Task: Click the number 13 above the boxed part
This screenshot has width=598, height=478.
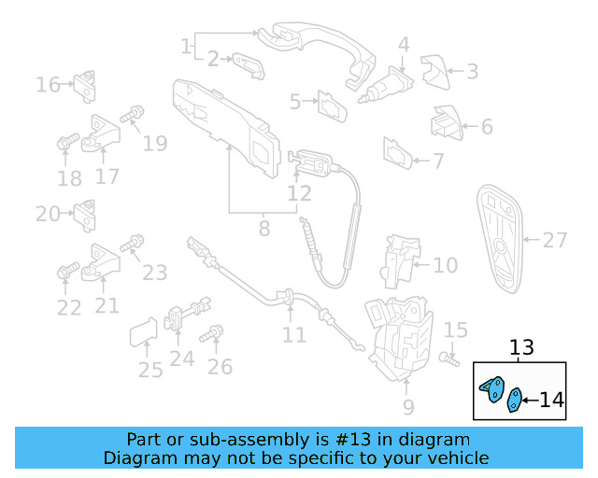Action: click(521, 348)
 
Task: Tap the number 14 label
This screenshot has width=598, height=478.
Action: click(551, 401)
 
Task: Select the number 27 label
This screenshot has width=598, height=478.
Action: click(555, 240)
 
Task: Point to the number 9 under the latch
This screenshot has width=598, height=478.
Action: click(407, 406)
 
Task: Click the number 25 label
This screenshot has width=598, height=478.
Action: click(150, 371)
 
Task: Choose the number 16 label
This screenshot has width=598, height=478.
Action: click(48, 85)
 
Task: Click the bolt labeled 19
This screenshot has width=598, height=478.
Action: click(131, 115)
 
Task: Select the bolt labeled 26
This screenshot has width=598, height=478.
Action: click(216, 333)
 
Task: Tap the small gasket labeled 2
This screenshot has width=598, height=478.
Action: click(248, 64)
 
